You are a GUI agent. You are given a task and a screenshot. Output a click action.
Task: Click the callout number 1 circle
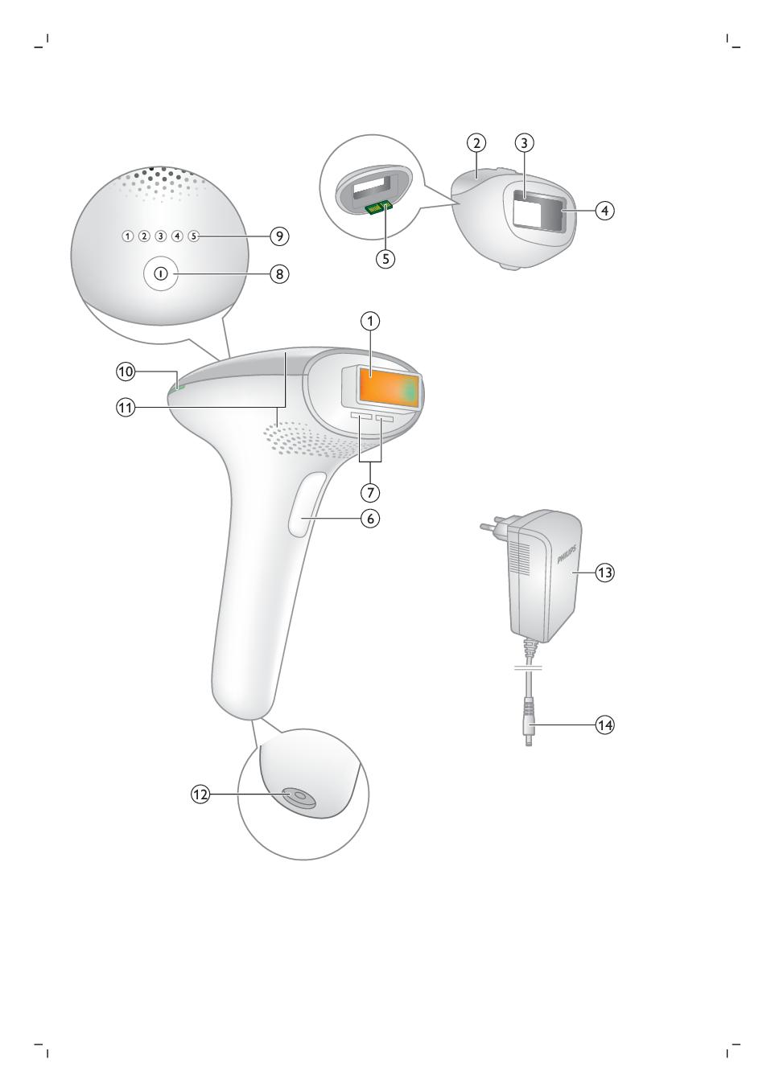coord(370,322)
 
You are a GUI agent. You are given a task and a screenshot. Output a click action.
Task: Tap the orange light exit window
coord(389,388)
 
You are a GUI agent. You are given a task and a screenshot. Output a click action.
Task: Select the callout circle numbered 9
coord(279,236)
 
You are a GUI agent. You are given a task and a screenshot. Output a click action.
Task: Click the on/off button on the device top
coord(161,274)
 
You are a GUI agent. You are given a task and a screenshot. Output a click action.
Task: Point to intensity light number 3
coord(161,236)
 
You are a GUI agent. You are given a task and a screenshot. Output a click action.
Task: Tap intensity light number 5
coord(194,236)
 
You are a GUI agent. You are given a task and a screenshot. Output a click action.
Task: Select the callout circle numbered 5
coord(385,259)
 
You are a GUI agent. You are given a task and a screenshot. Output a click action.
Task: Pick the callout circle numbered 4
coord(604,211)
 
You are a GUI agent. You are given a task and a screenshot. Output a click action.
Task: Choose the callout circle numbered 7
coord(370,493)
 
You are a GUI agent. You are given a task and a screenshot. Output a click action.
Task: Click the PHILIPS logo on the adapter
coord(567,554)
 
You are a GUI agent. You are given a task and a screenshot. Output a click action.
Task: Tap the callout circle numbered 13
coord(604,573)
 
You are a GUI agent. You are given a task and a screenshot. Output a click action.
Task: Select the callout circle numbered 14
coord(604,725)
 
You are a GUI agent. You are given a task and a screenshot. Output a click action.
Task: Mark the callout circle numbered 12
coord(200,795)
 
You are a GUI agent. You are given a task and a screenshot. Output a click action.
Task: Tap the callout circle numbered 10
coord(126,372)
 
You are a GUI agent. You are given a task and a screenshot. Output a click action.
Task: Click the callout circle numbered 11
coord(126,407)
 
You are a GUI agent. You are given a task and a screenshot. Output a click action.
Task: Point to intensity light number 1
coord(127,236)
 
